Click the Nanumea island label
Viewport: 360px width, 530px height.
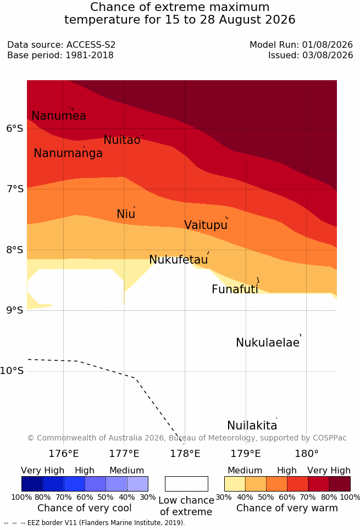[x=58, y=115]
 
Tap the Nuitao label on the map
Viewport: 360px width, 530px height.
[x=122, y=140]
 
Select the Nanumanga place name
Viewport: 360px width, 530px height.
[x=68, y=153]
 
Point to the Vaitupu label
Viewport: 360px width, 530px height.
[x=206, y=225]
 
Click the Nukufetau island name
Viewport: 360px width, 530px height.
[x=178, y=260]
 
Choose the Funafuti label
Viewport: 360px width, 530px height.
[x=235, y=289]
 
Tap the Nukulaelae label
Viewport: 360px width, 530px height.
[x=268, y=342]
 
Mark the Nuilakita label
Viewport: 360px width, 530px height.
[x=252, y=425]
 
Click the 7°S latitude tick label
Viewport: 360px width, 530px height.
[x=15, y=188]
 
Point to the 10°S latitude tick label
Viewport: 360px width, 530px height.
[x=12, y=371]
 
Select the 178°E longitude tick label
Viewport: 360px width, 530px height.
[x=185, y=454]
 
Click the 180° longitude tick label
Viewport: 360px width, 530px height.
[x=307, y=454]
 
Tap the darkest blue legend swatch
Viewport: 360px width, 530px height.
[x=32, y=484]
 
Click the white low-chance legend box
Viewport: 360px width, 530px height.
[x=186, y=484]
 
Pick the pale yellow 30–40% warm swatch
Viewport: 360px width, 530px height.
[x=235, y=484]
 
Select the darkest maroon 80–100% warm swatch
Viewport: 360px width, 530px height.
[x=340, y=484]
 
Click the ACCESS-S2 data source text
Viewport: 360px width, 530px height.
[x=91, y=45]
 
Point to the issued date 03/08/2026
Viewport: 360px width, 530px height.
[x=328, y=55]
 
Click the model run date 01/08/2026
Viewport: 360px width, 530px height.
[x=328, y=45]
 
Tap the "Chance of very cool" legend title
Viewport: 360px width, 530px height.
[x=85, y=508]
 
